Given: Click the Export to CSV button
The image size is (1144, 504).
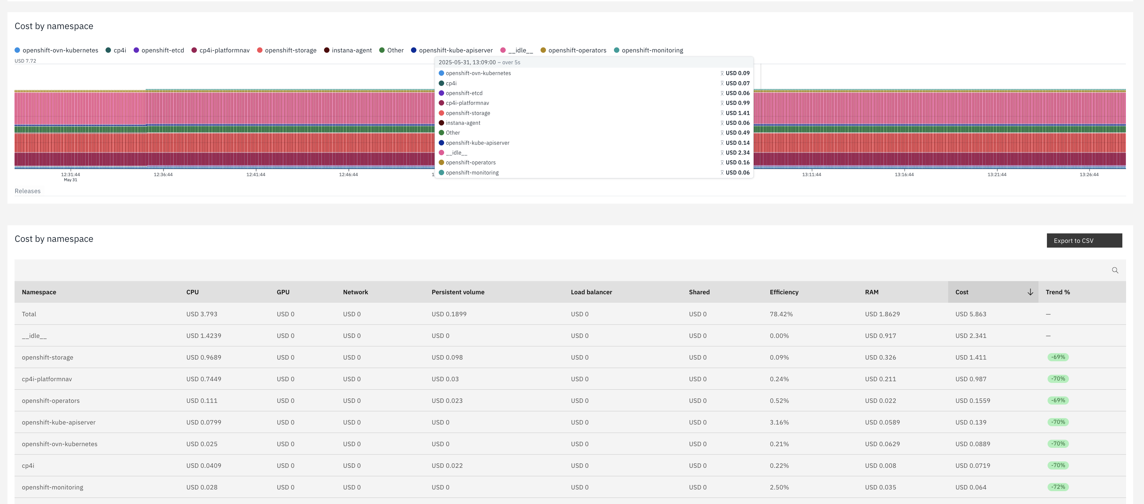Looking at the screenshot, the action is click(x=1084, y=240).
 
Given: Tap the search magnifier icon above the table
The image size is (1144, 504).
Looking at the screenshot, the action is click(x=1115, y=270).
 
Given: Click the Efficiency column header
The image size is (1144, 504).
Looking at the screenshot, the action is click(x=784, y=292).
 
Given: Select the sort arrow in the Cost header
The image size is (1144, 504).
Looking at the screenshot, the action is click(x=1030, y=292).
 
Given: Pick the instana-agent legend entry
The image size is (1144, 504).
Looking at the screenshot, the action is click(x=348, y=50).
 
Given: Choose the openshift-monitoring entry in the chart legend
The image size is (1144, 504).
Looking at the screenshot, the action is click(x=648, y=50).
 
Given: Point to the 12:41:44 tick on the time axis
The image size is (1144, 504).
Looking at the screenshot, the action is click(x=256, y=175).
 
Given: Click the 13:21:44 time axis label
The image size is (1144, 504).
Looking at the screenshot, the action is click(x=997, y=175).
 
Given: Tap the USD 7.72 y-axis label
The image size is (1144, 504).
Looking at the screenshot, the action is click(x=25, y=61).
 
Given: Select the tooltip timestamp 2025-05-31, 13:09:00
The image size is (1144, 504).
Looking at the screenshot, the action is click(x=467, y=63).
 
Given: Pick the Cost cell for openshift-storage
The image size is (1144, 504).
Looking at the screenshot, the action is click(x=971, y=357).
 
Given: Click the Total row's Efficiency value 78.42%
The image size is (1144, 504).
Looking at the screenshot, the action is click(x=781, y=314).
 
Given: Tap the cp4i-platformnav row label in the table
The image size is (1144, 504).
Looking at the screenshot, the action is click(x=47, y=379).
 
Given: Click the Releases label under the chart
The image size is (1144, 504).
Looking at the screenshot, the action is click(x=27, y=191).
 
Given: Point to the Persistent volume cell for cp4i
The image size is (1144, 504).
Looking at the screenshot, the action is click(x=447, y=465).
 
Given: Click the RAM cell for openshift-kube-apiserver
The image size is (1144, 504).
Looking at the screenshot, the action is click(x=883, y=422).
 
